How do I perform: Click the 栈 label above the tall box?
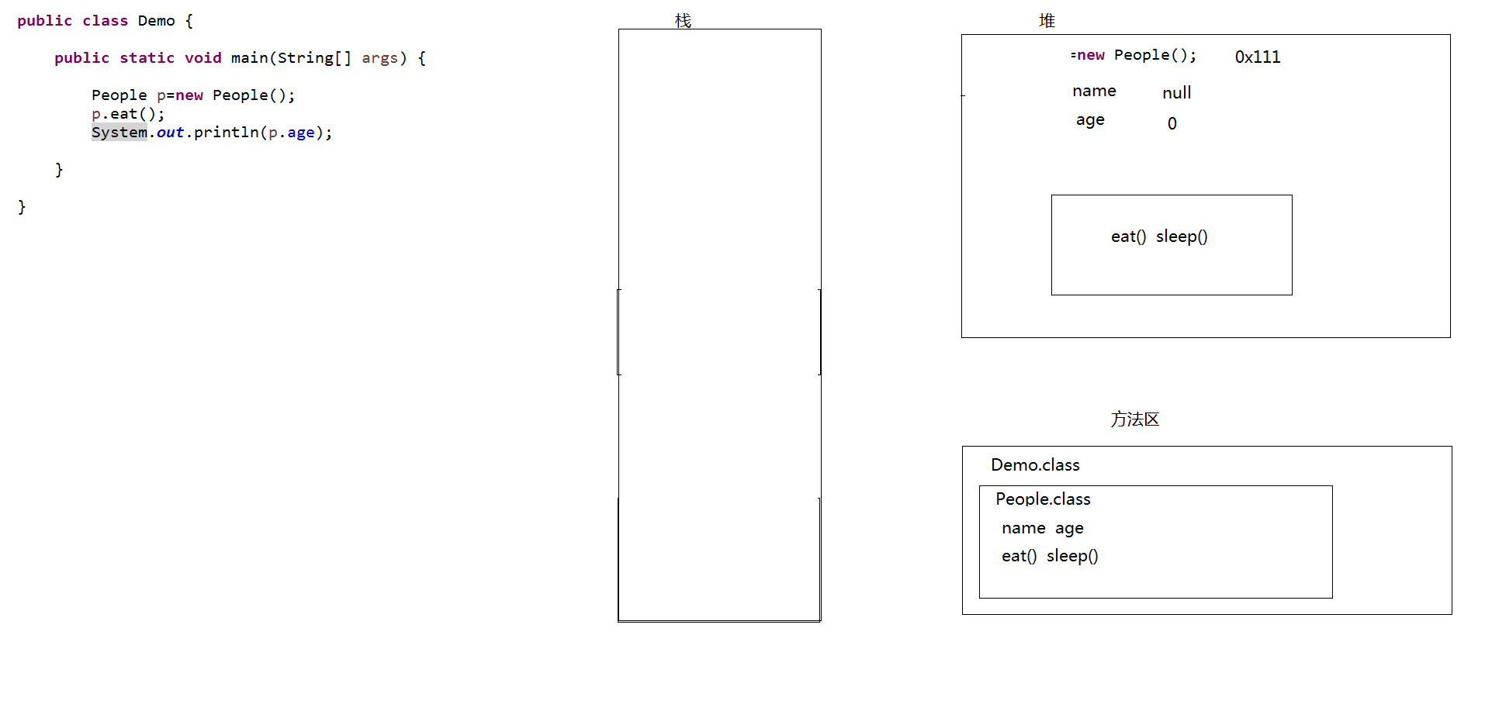point(683,21)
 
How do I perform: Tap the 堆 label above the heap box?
point(1047,21)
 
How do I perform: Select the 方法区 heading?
point(1134,419)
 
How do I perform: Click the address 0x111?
point(1258,57)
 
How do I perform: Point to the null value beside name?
point(1176,93)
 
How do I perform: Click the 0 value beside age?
point(1172,124)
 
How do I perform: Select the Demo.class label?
point(1035,465)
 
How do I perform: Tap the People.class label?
point(1043,499)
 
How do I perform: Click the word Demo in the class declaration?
point(157,21)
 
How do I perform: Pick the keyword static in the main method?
point(147,58)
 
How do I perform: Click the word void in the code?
point(202,58)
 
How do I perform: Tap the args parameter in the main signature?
point(379,58)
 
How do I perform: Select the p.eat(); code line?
point(128,114)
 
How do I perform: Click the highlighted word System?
point(119,133)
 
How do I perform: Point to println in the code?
point(226,133)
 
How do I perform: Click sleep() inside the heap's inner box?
point(1182,236)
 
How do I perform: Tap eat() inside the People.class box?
point(1019,556)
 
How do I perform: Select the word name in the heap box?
point(1094,91)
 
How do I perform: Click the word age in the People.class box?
point(1069,529)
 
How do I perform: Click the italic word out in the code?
point(170,133)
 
